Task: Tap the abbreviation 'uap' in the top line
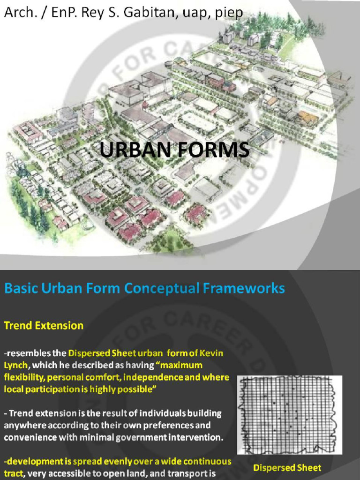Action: tap(196, 13)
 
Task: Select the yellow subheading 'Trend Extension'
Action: tap(44, 325)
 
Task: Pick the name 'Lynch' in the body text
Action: tap(15, 365)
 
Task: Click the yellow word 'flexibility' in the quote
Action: tap(22, 377)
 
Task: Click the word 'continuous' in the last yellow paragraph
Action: tap(205, 461)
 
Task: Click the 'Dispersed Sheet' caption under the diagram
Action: tap(287, 467)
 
